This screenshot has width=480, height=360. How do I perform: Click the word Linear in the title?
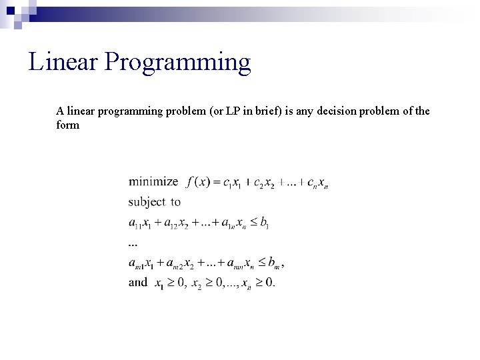[63, 62]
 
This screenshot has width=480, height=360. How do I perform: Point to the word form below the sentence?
[68, 125]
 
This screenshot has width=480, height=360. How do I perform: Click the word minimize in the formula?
[153, 181]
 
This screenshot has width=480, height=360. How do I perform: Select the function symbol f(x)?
[199, 182]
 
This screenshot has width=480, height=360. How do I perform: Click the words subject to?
[154, 202]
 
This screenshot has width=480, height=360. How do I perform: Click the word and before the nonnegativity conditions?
[138, 283]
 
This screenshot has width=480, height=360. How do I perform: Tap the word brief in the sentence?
[285, 111]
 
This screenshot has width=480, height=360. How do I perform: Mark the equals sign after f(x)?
[218, 182]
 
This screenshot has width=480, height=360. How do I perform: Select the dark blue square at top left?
[11, 10]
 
